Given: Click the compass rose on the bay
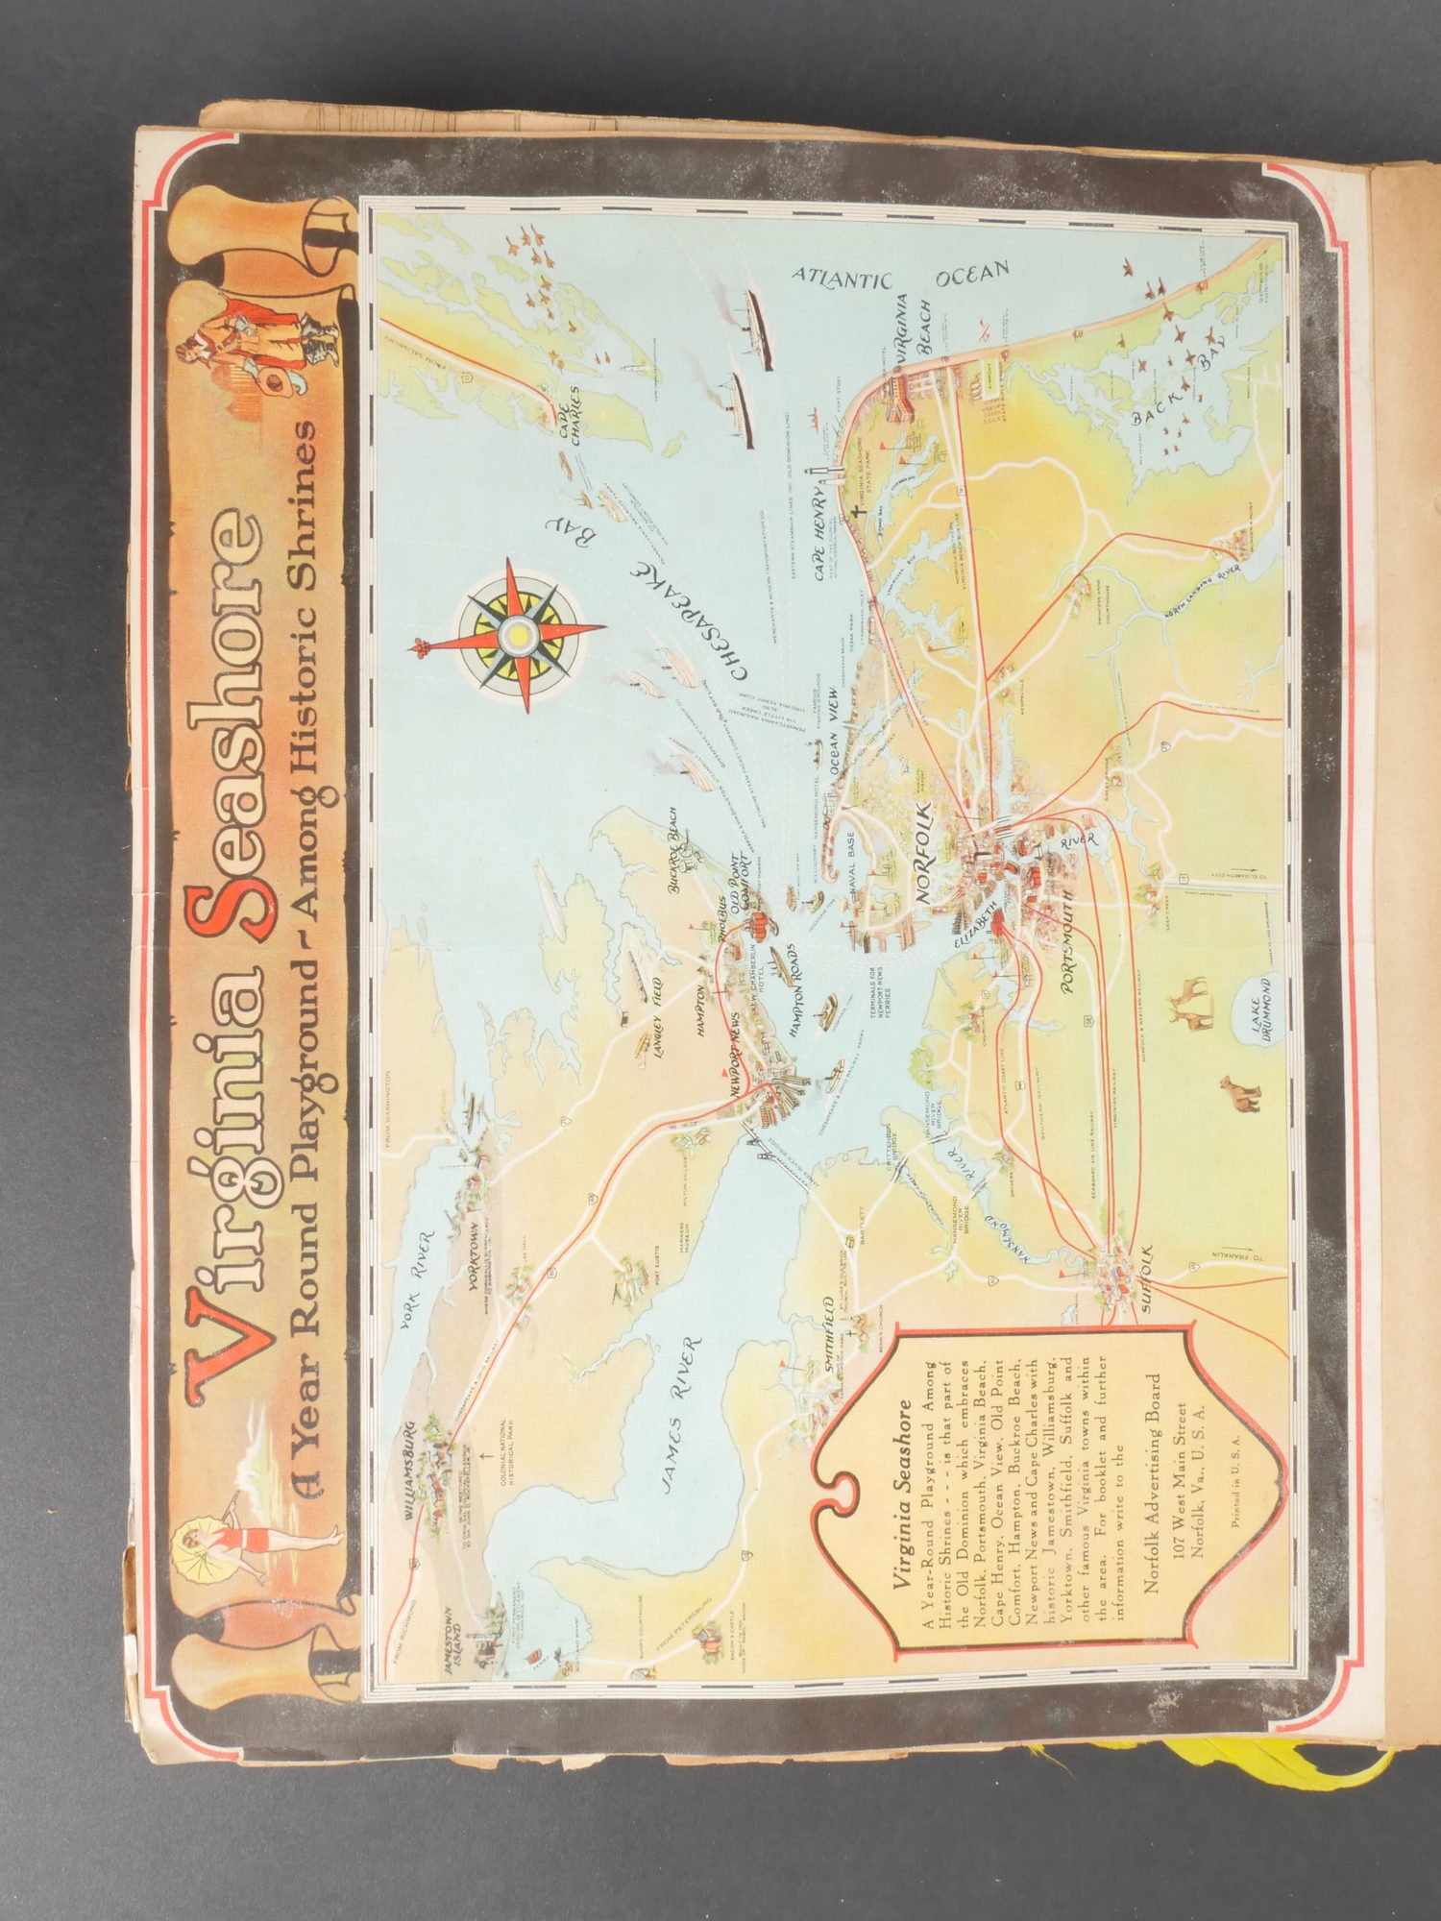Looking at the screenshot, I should point(519,634).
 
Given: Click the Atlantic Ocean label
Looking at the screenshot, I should point(901,275).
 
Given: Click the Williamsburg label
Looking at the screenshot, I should point(410,1474).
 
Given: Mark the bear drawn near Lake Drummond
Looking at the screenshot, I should point(1239,1094).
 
